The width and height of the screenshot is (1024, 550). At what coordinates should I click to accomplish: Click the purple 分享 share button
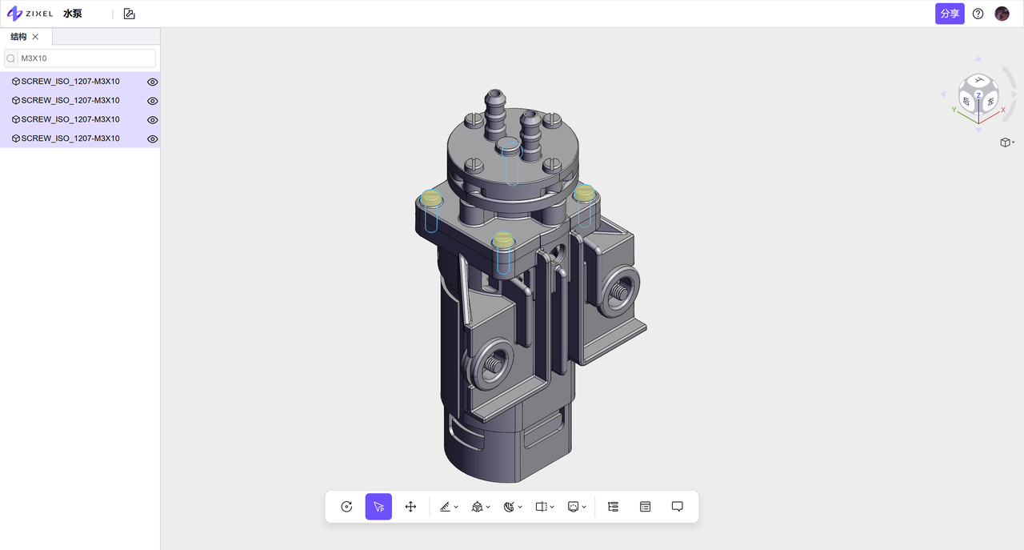pyautogui.click(x=950, y=14)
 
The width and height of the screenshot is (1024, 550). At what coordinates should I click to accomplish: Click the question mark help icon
pyautogui.click(x=978, y=14)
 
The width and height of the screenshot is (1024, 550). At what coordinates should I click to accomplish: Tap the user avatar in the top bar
pyautogui.click(x=1002, y=14)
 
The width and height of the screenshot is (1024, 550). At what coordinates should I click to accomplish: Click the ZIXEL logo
pyautogui.click(x=30, y=14)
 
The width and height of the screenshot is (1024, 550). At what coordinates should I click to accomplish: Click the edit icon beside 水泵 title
pyautogui.click(x=130, y=14)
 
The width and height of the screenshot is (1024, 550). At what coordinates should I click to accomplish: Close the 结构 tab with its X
pyautogui.click(x=35, y=37)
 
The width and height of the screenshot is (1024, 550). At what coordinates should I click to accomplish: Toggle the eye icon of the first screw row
pyautogui.click(x=152, y=82)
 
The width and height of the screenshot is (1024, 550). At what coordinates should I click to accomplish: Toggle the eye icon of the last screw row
pyautogui.click(x=152, y=139)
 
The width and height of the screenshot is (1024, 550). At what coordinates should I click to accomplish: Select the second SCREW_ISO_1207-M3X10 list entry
pyautogui.click(x=70, y=100)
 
